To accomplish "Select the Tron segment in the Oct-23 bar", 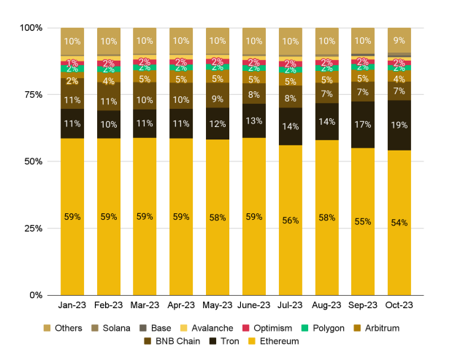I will point(399,125).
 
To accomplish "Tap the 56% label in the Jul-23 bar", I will point(290,221).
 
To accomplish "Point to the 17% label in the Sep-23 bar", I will point(363,124).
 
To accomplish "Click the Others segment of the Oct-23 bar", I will point(399,40).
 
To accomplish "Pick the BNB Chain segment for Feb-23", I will point(108,102).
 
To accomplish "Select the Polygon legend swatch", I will point(306,328).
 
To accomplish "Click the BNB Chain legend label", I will point(176,340).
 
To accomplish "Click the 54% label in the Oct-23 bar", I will point(399,223).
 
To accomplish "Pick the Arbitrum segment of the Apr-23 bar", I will point(181,78).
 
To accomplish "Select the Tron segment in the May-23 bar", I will point(217,123).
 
